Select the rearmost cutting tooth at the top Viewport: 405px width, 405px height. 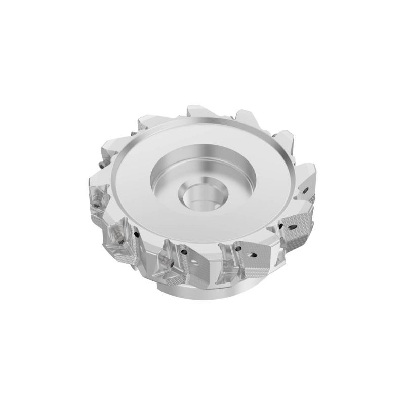[x=201, y=112]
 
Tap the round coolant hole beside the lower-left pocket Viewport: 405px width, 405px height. [x=137, y=234]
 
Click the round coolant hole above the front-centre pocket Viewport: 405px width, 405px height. [x=183, y=251]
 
